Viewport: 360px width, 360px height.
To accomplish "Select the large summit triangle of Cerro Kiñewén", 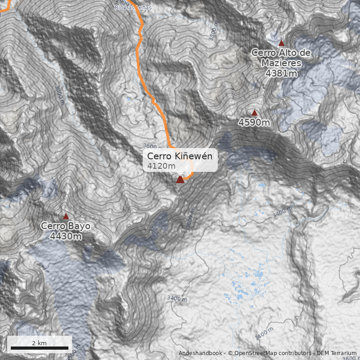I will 180,180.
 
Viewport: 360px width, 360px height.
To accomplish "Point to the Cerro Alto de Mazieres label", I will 281,58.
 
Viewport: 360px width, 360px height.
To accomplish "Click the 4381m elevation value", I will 281,73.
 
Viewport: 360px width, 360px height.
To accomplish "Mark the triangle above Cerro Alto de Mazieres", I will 282,43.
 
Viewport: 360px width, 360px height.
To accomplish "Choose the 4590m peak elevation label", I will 254,122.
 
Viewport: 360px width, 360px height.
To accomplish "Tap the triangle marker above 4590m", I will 254,113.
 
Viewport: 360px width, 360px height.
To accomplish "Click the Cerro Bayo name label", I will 66,226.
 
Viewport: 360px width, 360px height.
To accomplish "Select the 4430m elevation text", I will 66,236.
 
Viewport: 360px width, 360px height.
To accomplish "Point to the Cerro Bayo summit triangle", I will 66,216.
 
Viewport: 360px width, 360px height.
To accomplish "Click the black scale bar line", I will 40,348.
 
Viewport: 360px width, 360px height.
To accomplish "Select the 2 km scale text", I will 39,343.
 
